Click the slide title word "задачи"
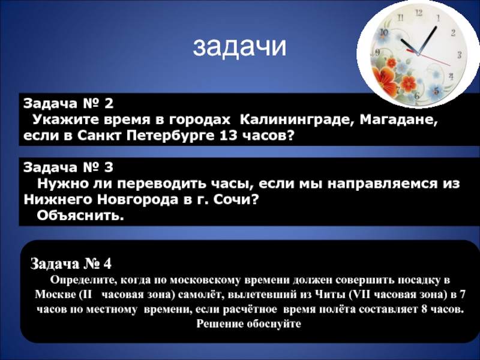[x=239, y=47]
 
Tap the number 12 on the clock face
[x=418, y=13]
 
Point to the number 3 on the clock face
[x=459, y=55]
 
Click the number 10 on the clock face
[x=383, y=32]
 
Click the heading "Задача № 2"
[x=68, y=103]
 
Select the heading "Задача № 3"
[x=68, y=167]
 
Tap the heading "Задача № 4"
[x=71, y=263]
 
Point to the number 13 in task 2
[x=228, y=136]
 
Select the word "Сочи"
[x=236, y=200]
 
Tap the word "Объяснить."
[x=80, y=216]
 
